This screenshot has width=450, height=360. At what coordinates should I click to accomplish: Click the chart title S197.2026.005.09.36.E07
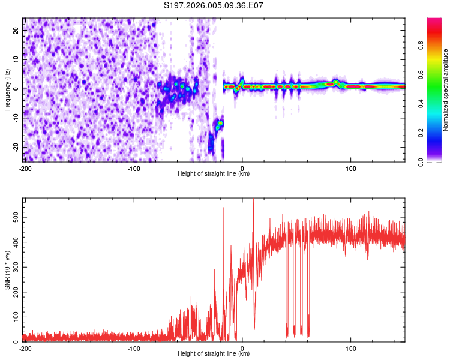coord(214,5)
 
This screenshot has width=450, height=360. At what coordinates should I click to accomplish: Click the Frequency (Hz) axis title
coord(7,89)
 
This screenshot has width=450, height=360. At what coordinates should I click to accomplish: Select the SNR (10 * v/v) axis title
coord(7,269)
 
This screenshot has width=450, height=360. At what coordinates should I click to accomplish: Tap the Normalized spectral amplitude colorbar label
coord(446,89)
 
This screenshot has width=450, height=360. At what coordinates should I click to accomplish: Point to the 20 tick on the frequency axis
coord(16,30)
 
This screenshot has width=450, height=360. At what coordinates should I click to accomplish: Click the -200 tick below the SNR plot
coord(25,348)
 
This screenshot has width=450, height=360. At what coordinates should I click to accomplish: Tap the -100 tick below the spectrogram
coord(134,168)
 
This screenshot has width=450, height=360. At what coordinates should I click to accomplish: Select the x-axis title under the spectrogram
coord(214,174)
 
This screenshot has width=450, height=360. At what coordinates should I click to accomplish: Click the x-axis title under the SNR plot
coord(214,354)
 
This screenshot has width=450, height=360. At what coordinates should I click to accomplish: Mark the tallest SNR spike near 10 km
coord(253,200)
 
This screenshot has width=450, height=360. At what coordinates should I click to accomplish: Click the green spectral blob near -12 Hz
coord(220,123)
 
